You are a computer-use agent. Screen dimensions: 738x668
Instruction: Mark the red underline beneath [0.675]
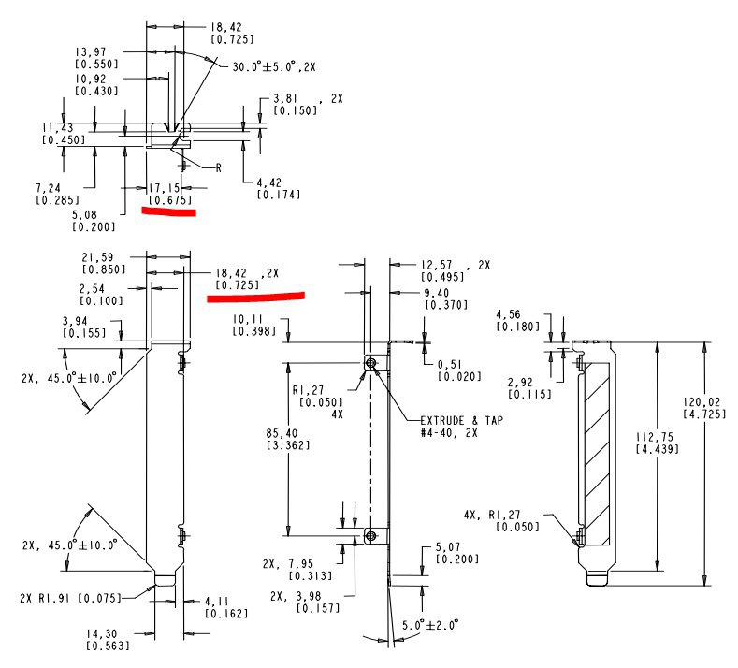[169, 211]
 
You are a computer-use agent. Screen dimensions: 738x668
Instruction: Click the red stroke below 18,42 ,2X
[255, 297]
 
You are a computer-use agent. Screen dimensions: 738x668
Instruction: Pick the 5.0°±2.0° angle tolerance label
[430, 625]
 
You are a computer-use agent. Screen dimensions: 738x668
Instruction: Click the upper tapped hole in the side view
[371, 362]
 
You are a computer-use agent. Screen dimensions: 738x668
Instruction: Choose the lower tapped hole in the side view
[371, 536]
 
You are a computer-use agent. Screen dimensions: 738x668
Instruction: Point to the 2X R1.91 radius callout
[70, 598]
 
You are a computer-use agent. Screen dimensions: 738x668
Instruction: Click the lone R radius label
[218, 168]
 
